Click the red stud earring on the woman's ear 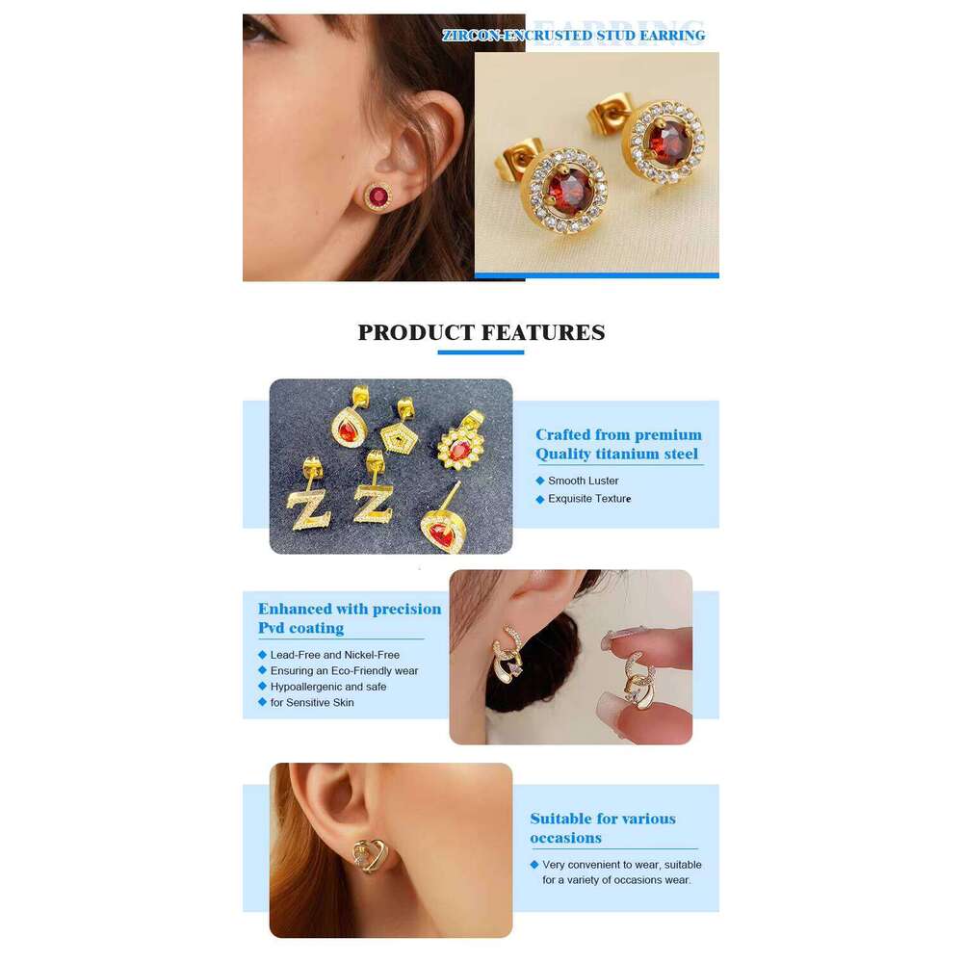377,196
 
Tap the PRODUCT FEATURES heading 481,332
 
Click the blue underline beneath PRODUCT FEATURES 481,352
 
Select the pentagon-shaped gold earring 397,429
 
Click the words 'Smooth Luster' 583,481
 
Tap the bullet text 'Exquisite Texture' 589,499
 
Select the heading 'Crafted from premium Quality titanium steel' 618,444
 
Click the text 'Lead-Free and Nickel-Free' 335,655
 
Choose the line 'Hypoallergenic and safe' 328,687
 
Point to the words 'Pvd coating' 300,628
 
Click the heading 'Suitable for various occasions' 603,828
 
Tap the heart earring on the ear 371,855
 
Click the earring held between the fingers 636,680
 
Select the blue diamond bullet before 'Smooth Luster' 540,481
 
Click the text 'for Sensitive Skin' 312,703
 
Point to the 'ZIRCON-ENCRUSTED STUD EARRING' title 574,36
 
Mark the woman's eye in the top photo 259,28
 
